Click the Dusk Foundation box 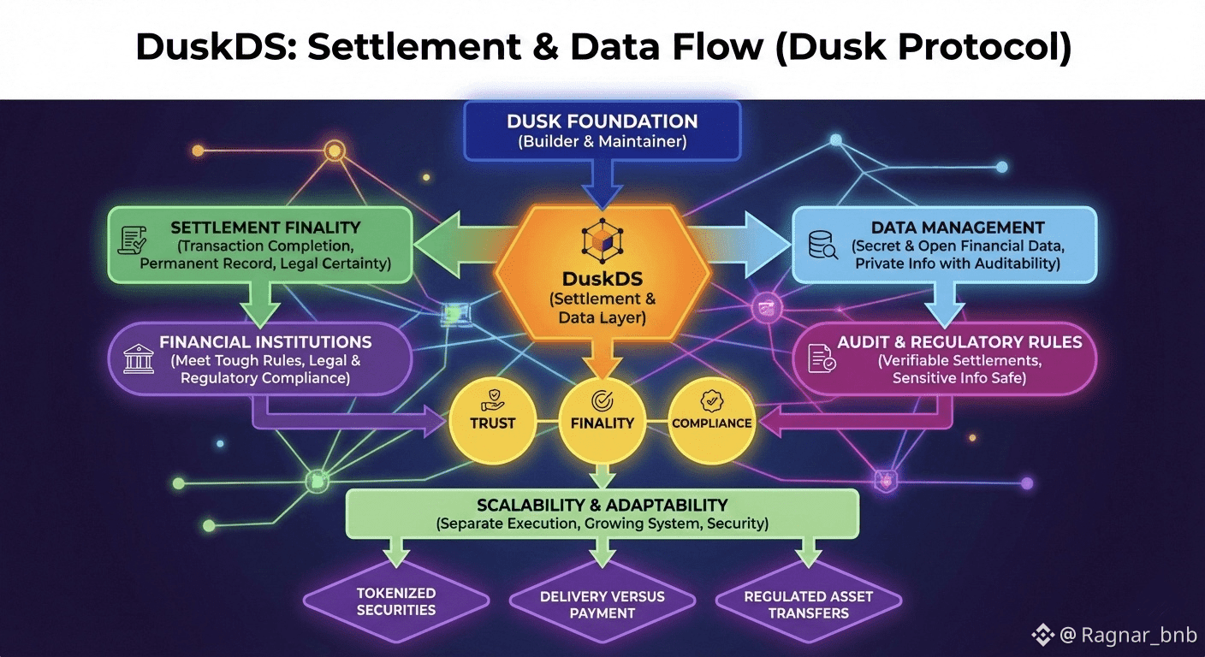(602, 131)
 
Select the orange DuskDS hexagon (602, 282)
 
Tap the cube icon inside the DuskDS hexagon (601, 240)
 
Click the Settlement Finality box (260, 246)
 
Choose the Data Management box (944, 246)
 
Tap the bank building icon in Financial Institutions (138, 359)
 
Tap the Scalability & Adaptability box (602, 513)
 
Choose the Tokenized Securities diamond (396, 601)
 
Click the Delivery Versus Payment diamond (602, 605)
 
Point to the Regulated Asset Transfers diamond (808, 605)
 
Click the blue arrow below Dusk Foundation (602, 184)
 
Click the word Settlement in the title (413, 48)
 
